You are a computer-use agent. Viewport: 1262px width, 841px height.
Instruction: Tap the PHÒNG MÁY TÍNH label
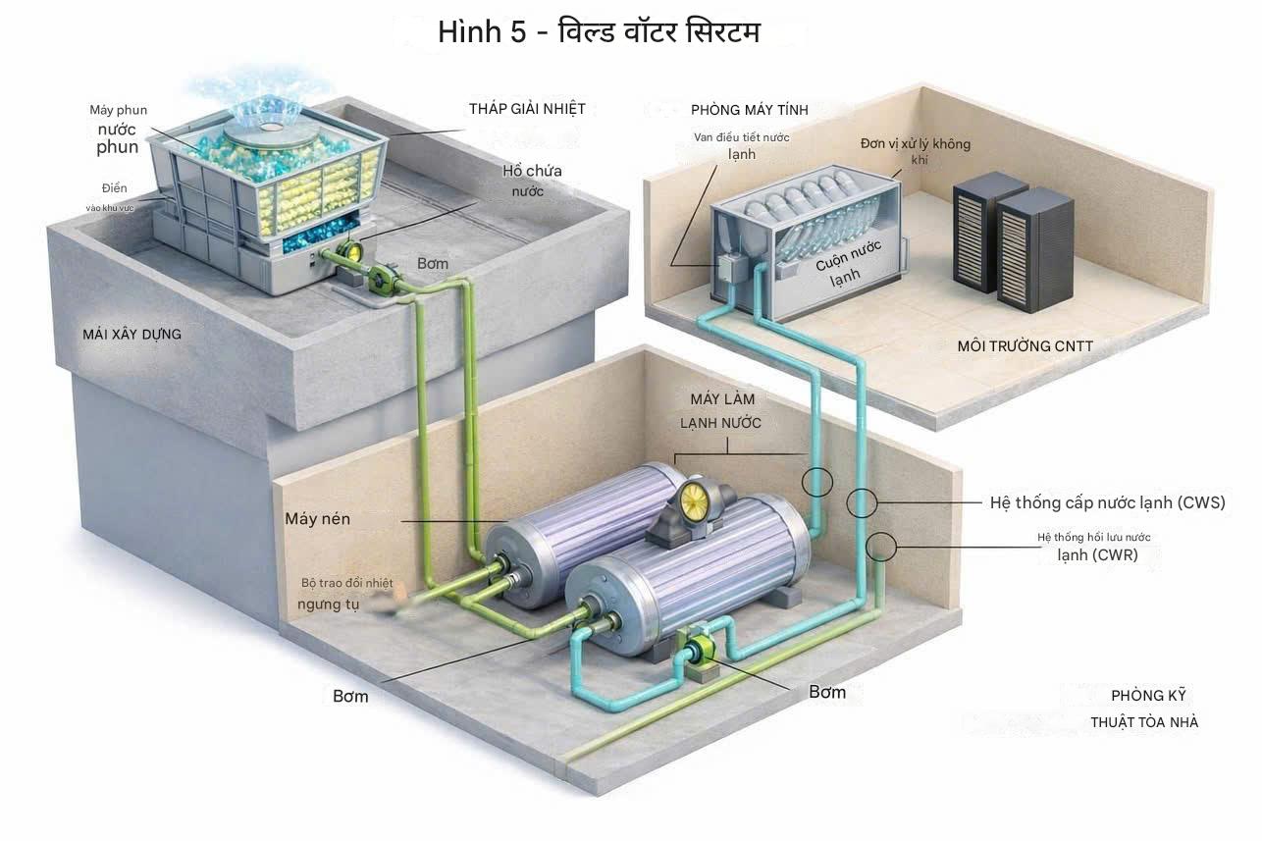click(749, 110)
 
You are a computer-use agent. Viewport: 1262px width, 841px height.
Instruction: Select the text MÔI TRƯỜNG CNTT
click(1025, 345)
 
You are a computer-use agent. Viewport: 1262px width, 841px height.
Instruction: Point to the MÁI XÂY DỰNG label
click(132, 335)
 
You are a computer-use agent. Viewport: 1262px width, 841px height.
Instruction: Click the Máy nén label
click(317, 518)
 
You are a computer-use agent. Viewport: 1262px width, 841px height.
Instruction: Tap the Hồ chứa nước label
click(532, 181)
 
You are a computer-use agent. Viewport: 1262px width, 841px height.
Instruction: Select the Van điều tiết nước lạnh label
click(741, 145)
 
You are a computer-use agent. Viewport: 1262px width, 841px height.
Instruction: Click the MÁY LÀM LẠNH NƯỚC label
click(722, 410)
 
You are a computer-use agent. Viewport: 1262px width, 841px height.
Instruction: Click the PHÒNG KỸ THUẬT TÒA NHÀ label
click(1144, 709)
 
